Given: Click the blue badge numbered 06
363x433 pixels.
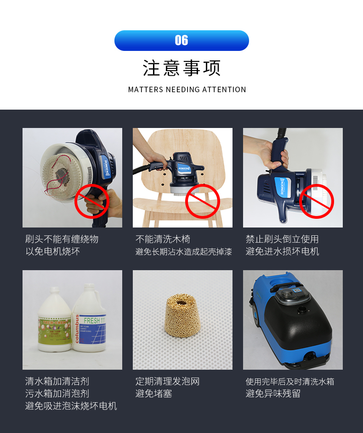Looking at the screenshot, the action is [x=181, y=40].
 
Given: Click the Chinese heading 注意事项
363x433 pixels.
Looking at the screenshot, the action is [x=181, y=68].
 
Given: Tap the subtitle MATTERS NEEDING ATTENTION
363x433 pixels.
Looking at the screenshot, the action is [x=187, y=89].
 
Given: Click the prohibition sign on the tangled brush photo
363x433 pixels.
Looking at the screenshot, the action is [x=92, y=201].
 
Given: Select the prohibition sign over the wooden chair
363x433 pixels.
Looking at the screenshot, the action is [x=202, y=201].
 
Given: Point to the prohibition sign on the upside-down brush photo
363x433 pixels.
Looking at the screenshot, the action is [x=316, y=201].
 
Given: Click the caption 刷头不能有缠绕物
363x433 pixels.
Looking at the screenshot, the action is [x=62, y=239].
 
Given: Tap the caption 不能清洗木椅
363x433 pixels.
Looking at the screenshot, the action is [x=163, y=239].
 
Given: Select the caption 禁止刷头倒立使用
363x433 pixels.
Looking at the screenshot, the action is [x=282, y=239].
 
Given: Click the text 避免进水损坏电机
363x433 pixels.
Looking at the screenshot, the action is [x=282, y=251].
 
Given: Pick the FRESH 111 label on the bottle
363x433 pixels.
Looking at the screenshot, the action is [x=94, y=321].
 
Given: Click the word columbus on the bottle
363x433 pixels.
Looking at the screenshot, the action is [x=77, y=328].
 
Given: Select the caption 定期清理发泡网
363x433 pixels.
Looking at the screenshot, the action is [x=167, y=381].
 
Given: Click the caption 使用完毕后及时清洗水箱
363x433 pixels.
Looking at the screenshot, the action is [x=290, y=381].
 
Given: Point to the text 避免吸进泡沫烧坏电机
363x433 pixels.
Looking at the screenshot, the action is [x=71, y=406].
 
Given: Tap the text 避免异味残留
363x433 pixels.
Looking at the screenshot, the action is [x=273, y=394].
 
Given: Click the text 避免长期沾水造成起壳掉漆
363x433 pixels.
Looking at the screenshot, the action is [x=184, y=251].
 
